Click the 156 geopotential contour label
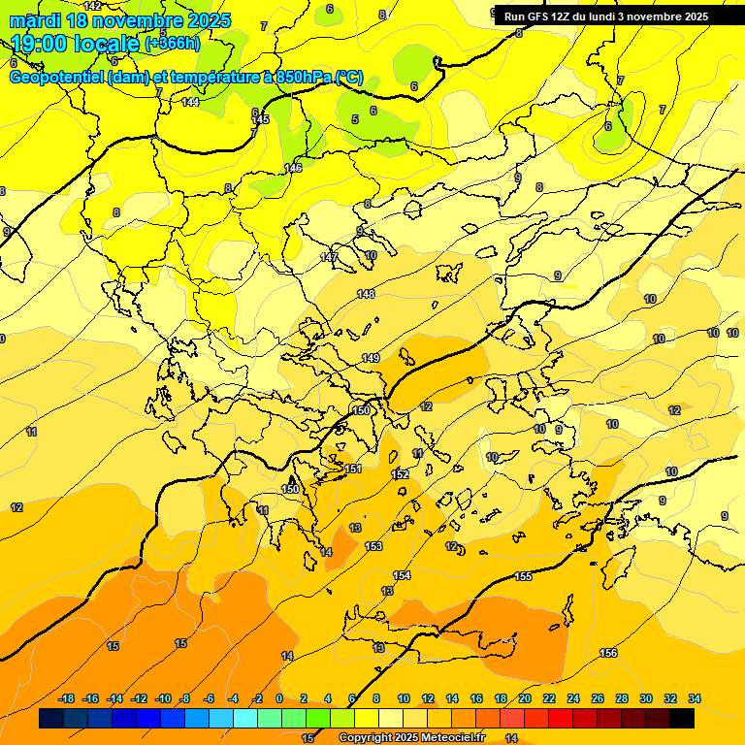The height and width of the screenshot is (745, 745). pyautogui.click(x=608, y=653)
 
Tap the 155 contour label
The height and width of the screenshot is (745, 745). pyautogui.click(x=523, y=577)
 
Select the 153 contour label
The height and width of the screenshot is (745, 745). pyautogui.click(x=373, y=547)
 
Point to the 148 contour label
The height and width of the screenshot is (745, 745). pyautogui.click(x=366, y=294)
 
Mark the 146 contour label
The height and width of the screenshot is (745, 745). pyautogui.click(x=293, y=169)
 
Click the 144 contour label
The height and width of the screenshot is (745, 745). pyautogui.click(x=190, y=102)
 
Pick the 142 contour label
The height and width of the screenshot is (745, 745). pyautogui.click(x=92, y=6)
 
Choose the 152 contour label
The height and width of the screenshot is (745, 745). pyautogui.click(x=400, y=474)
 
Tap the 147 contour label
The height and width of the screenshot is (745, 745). pyautogui.click(x=329, y=257)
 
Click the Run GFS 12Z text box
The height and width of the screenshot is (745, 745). pyautogui.click(x=606, y=16)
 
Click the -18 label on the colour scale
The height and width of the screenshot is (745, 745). pyautogui.click(x=66, y=698)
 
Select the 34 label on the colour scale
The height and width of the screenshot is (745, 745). pyautogui.click(x=695, y=698)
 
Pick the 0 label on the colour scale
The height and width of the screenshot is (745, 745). pyautogui.click(x=279, y=698)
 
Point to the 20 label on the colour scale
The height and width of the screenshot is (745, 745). pyautogui.click(x=524, y=698)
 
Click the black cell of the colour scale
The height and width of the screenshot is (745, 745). pyautogui.click(x=682, y=719)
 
